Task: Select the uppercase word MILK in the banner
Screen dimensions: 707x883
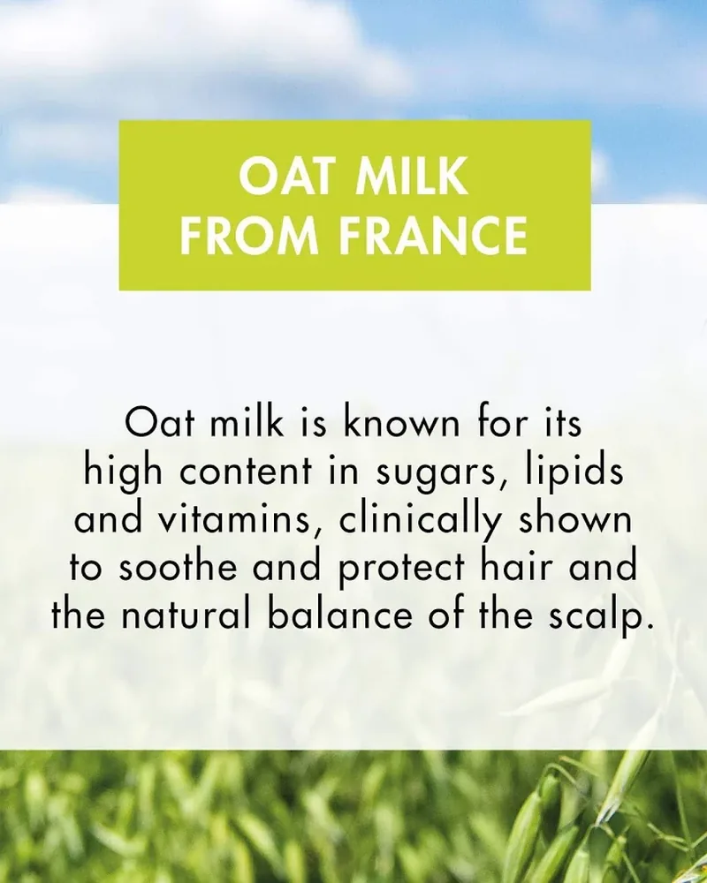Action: [413, 176]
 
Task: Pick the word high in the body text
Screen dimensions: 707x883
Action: [124, 472]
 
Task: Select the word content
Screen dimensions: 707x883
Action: [246, 471]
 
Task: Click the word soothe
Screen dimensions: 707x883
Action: [178, 566]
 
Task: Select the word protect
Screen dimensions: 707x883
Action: [402, 570]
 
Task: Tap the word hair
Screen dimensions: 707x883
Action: [516, 566]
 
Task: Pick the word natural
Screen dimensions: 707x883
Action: [185, 614]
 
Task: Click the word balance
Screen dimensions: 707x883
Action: [340, 614]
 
